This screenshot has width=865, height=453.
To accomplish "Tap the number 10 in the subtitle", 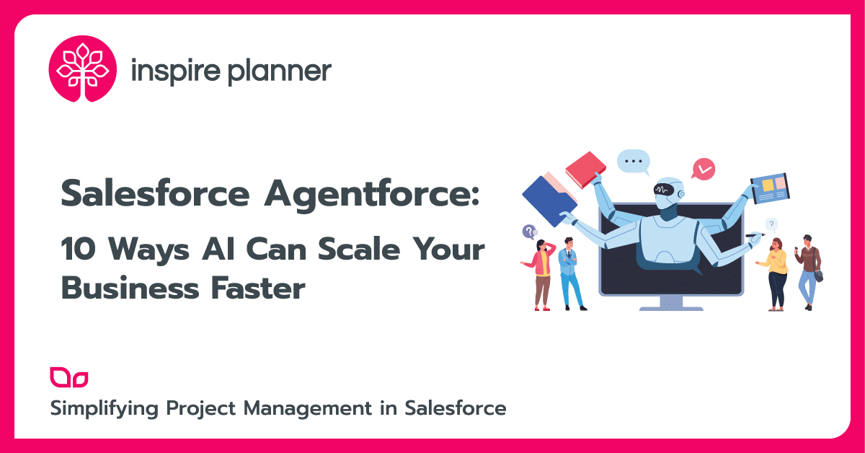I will (78, 250).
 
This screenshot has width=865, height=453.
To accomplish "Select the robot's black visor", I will (667, 190).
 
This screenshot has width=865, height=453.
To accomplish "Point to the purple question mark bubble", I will (530, 232).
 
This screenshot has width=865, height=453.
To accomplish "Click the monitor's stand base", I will (671, 306).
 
